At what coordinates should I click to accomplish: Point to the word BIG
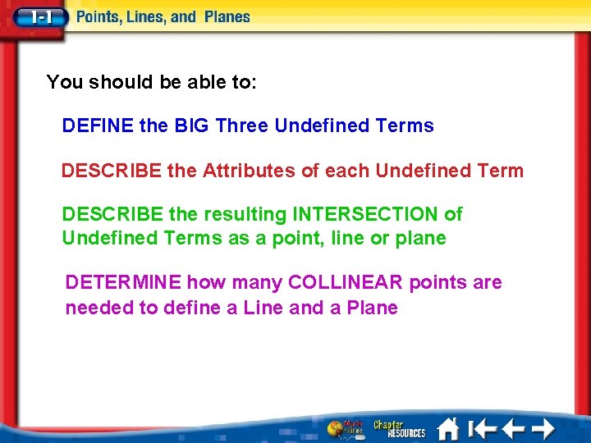pyautogui.click(x=193, y=126)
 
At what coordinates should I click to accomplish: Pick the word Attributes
pyautogui.click(x=255, y=171)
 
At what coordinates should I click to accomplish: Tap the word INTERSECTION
pyautogui.click(x=365, y=214)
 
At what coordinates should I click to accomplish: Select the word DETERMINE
pyautogui.click(x=123, y=283)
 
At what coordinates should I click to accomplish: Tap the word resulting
pyautogui.click(x=245, y=214)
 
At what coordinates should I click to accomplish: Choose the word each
pyautogui.click(x=347, y=171)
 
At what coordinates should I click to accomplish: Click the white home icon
pyautogui.click(x=448, y=428)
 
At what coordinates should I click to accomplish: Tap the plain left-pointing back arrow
pyautogui.click(x=513, y=428)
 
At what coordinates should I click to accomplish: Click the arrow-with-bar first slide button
pyautogui.click(x=482, y=428)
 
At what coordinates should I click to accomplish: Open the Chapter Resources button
pyautogui.click(x=400, y=428)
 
